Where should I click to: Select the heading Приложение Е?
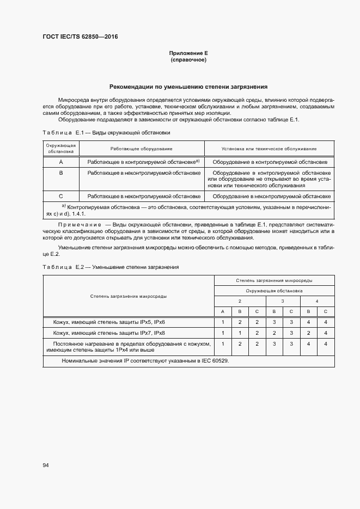(188, 53)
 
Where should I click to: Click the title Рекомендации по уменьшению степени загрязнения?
(188, 86)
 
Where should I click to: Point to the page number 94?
(46, 465)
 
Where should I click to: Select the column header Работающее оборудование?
(141, 149)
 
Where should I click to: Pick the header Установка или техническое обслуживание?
(269, 149)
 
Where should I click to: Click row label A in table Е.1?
(61, 162)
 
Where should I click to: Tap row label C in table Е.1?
(61, 196)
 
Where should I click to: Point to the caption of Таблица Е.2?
(111, 267)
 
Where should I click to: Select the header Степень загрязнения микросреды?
(274, 280)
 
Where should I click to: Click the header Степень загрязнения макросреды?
(129, 296)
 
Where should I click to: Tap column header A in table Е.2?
(222, 311)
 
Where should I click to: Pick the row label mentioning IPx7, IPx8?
(109, 333)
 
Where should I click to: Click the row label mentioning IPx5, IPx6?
(109, 322)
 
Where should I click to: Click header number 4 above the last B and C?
(317, 301)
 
